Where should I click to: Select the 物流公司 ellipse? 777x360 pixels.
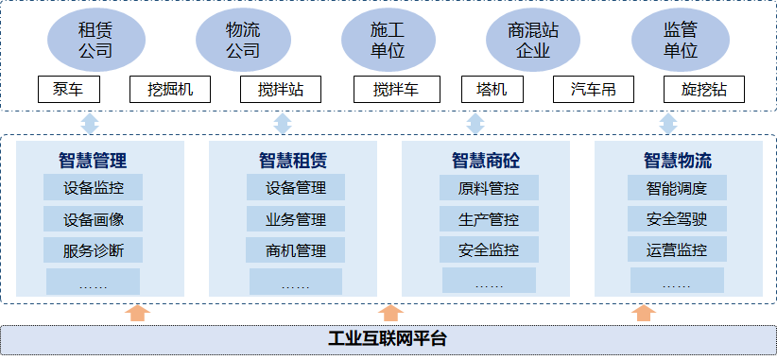click(243, 40)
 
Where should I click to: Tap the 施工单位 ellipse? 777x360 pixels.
click(388, 40)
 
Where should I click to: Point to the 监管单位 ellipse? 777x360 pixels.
click(679, 40)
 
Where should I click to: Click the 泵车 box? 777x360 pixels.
click(67, 90)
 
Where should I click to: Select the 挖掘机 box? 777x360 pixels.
click(170, 90)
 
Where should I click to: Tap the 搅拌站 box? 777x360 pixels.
click(280, 90)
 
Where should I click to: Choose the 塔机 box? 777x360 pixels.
click(492, 90)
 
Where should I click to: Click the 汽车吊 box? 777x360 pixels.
click(594, 90)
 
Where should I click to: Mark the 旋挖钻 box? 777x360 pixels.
click(703, 90)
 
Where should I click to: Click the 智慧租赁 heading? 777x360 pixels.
click(294, 160)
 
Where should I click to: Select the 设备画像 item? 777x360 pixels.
click(94, 219)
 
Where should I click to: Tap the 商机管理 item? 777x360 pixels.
click(296, 250)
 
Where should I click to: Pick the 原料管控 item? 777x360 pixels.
click(489, 187)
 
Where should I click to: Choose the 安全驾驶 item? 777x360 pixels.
click(677, 219)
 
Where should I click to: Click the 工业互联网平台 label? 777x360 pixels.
click(388, 338)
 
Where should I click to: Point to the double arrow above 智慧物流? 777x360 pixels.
click(667, 124)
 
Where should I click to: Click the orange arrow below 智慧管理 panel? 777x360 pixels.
click(138, 312)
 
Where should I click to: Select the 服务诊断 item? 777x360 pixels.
click(94, 250)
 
